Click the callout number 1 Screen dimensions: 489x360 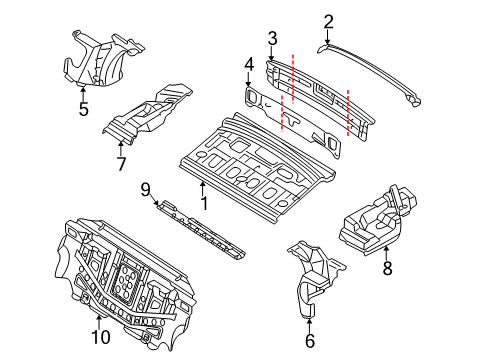click(205, 203)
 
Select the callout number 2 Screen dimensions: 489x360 click(328, 22)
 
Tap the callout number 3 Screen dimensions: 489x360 click(272, 38)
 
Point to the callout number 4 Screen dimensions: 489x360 click(249, 64)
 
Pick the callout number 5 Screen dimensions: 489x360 click(84, 109)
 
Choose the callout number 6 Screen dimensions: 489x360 click(310, 341)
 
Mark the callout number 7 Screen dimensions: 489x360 click(121, 164)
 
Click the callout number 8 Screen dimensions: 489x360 click(387, 268)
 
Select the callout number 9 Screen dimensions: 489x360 click(146, 190)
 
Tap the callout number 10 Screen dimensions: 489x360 click(101, 337)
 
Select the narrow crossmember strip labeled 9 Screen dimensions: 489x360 click(202, 230)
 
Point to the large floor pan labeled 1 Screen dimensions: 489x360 click(257, 168)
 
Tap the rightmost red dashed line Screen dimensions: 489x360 click(348, 113)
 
